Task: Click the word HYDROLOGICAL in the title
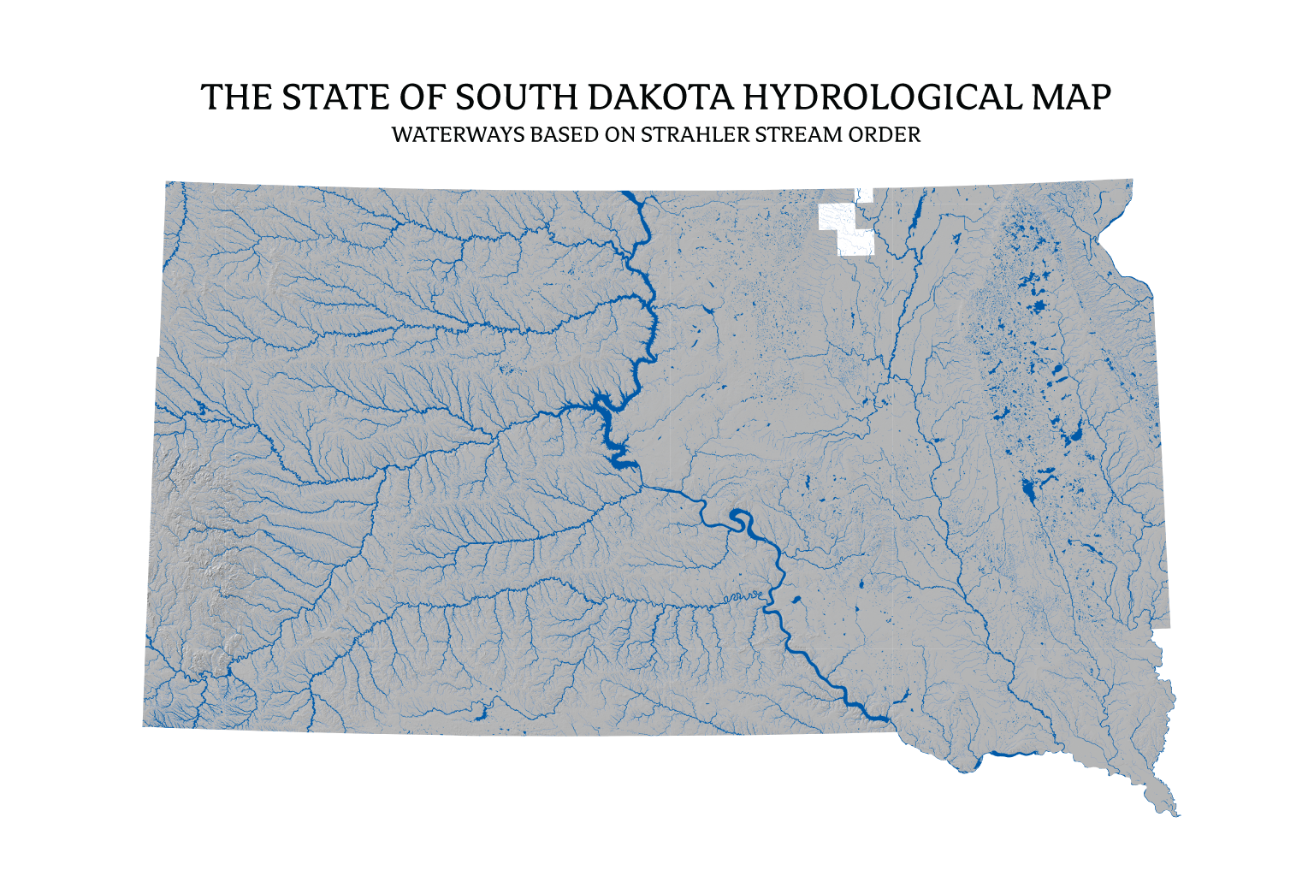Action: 881,98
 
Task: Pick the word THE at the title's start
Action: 237,98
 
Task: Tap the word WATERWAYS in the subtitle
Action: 459,135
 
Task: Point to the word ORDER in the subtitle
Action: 885,135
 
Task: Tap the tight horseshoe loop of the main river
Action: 741,519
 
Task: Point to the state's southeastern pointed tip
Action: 1176,813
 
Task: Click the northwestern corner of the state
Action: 168,183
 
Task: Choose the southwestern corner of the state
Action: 144,726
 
